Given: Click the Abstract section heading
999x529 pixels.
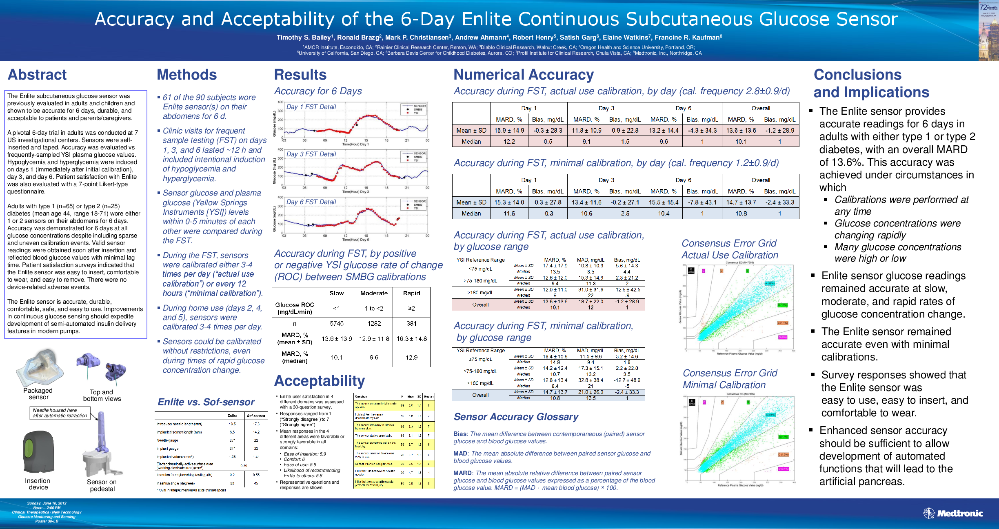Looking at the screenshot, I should tap(37, 75).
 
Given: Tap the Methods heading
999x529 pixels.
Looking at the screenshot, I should tap(187, 75).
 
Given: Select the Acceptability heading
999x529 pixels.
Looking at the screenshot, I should tap(320, 381).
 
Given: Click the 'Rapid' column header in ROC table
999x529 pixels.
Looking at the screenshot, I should tap(411, 293).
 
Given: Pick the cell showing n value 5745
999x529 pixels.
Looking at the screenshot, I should tap(337, 323).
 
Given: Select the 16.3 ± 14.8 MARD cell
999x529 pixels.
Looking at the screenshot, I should tap(411, 339).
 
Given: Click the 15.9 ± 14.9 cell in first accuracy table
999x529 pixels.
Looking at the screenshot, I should tap(509, 131).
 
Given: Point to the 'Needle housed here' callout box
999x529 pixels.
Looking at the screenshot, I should tap(60, 413).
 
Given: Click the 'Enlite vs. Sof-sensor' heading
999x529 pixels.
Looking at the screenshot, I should tap(206, 402).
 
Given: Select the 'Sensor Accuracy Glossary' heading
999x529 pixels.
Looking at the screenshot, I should tap(516, 417).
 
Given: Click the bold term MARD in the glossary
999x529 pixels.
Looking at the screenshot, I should tap(462, 473).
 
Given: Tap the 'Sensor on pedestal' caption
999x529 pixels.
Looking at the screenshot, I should tap(102, 485).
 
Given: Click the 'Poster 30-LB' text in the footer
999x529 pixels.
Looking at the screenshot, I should tap(47, 521).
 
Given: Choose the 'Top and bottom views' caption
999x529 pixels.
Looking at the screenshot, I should tap(102, 395).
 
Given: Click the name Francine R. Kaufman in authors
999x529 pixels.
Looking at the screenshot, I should tap(688, 38).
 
